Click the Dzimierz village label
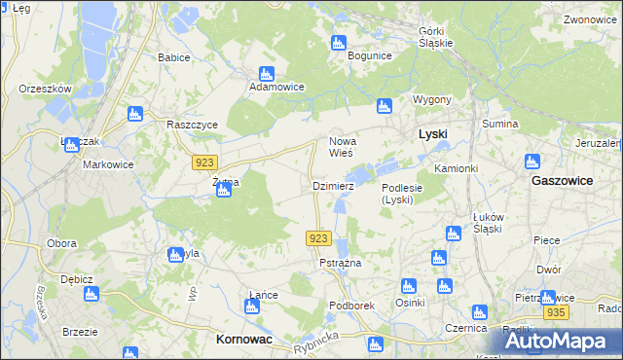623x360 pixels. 332,185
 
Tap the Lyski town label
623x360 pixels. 432,133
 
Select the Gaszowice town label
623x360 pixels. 564,181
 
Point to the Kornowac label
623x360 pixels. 242,340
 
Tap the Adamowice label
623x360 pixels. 277,88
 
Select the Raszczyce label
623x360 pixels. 192,126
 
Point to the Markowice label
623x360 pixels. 107,164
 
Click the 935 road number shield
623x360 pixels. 556,312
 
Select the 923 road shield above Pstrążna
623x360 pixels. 319,238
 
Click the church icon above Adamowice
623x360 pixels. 267,73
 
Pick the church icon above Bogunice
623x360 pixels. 339,42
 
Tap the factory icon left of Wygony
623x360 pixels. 385,105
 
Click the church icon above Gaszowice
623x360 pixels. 531,162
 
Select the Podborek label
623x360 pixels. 352,305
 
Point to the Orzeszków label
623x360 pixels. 46,89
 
